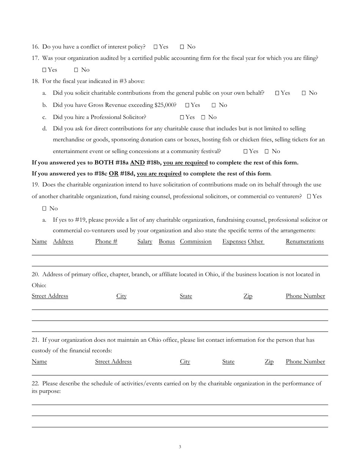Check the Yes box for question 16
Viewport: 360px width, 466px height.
[156, 47]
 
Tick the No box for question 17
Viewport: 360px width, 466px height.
[76, 70]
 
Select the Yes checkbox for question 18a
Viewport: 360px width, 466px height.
[277, 93]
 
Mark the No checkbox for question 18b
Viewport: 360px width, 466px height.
[214, 105]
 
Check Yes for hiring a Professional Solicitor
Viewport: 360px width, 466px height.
[182, 117]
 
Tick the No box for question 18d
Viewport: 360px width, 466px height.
[267, 152]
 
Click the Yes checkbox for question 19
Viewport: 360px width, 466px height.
[309, 197]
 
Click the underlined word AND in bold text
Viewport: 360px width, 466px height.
[137, 163]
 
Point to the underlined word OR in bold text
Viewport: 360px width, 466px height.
[113, 174]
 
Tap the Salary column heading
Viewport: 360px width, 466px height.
[145, 242]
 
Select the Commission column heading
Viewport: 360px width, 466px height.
[196, 242]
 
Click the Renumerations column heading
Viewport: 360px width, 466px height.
[305, 242]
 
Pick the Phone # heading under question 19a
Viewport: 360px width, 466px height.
[106, 242]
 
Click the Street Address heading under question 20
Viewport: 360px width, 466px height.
[50, 296]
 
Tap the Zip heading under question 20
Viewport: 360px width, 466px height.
[248, 296]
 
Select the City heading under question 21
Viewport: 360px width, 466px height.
[185, 362]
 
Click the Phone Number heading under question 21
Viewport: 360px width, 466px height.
[305, 362]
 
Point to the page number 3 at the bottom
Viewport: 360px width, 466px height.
[180, 447]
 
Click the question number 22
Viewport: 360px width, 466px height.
[35, 384]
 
